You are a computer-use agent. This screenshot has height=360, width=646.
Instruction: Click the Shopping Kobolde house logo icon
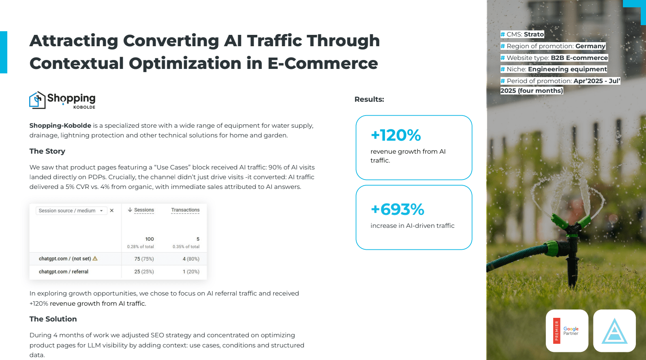pyautogui.click(x=37, y=100)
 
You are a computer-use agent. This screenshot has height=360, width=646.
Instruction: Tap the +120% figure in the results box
pyautogui.click(x=396, y=135)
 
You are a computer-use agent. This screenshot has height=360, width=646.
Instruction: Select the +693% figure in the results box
pyautogui.click(x=398, y=209)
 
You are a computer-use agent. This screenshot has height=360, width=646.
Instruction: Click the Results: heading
pyautogui.click(x=369, y=99)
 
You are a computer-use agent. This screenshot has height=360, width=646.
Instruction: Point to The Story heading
pyautogui.click(x=47, y=151)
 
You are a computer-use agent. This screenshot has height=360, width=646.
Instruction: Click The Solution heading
pyautogui.click(x=53, y=319)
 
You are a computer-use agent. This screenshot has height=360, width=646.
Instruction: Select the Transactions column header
pyautogui.click(x=185, y=210)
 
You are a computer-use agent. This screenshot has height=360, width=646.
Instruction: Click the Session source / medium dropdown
pyautogui.click(x=71, y=210)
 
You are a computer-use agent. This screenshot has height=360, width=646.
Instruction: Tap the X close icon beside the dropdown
pyautogui.click(x=112, y=210)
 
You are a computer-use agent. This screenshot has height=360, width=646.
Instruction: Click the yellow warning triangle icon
pyautogui.click(x=95, y=259)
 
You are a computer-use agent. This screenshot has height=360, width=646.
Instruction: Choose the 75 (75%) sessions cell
pyautogui.click(x=144, y=259)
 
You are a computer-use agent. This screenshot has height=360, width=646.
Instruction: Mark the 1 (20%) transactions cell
pyautogui.click(x=191, y=272)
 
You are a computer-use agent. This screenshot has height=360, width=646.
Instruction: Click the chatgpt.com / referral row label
pyautogui.click(x=64, y=272)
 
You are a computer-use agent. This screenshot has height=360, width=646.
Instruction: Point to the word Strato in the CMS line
pyautogui.click(x=534, y=34)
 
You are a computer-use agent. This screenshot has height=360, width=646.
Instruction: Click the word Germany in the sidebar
pyautogui.click(x=590, y=46)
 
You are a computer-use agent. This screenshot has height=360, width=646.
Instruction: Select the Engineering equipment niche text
pyautogui.click(x=567, y=69)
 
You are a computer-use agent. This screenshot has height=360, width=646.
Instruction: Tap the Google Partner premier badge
pyautogui.click(x=567, y=330)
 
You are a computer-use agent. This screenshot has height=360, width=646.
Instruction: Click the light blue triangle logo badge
pyautogui.click(x=614, y=330)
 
